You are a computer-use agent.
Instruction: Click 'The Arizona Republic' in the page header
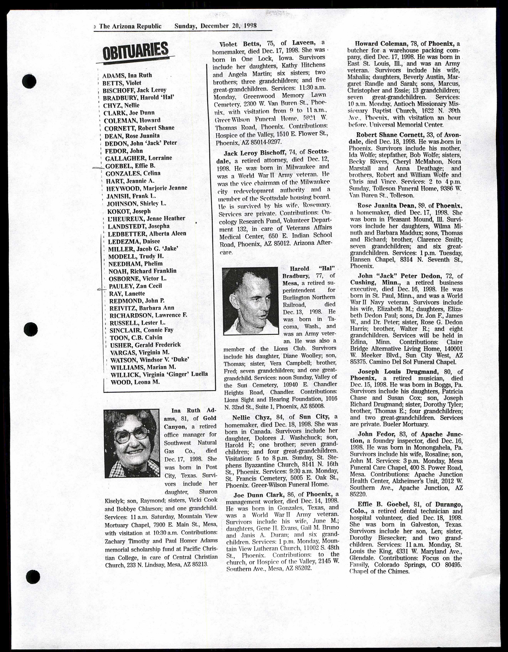pos(130,26)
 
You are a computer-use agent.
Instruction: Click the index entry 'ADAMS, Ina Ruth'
pos(127,75)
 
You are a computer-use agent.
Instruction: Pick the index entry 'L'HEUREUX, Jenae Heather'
pos(146,218)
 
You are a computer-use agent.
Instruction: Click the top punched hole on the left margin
pos(29,80)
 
